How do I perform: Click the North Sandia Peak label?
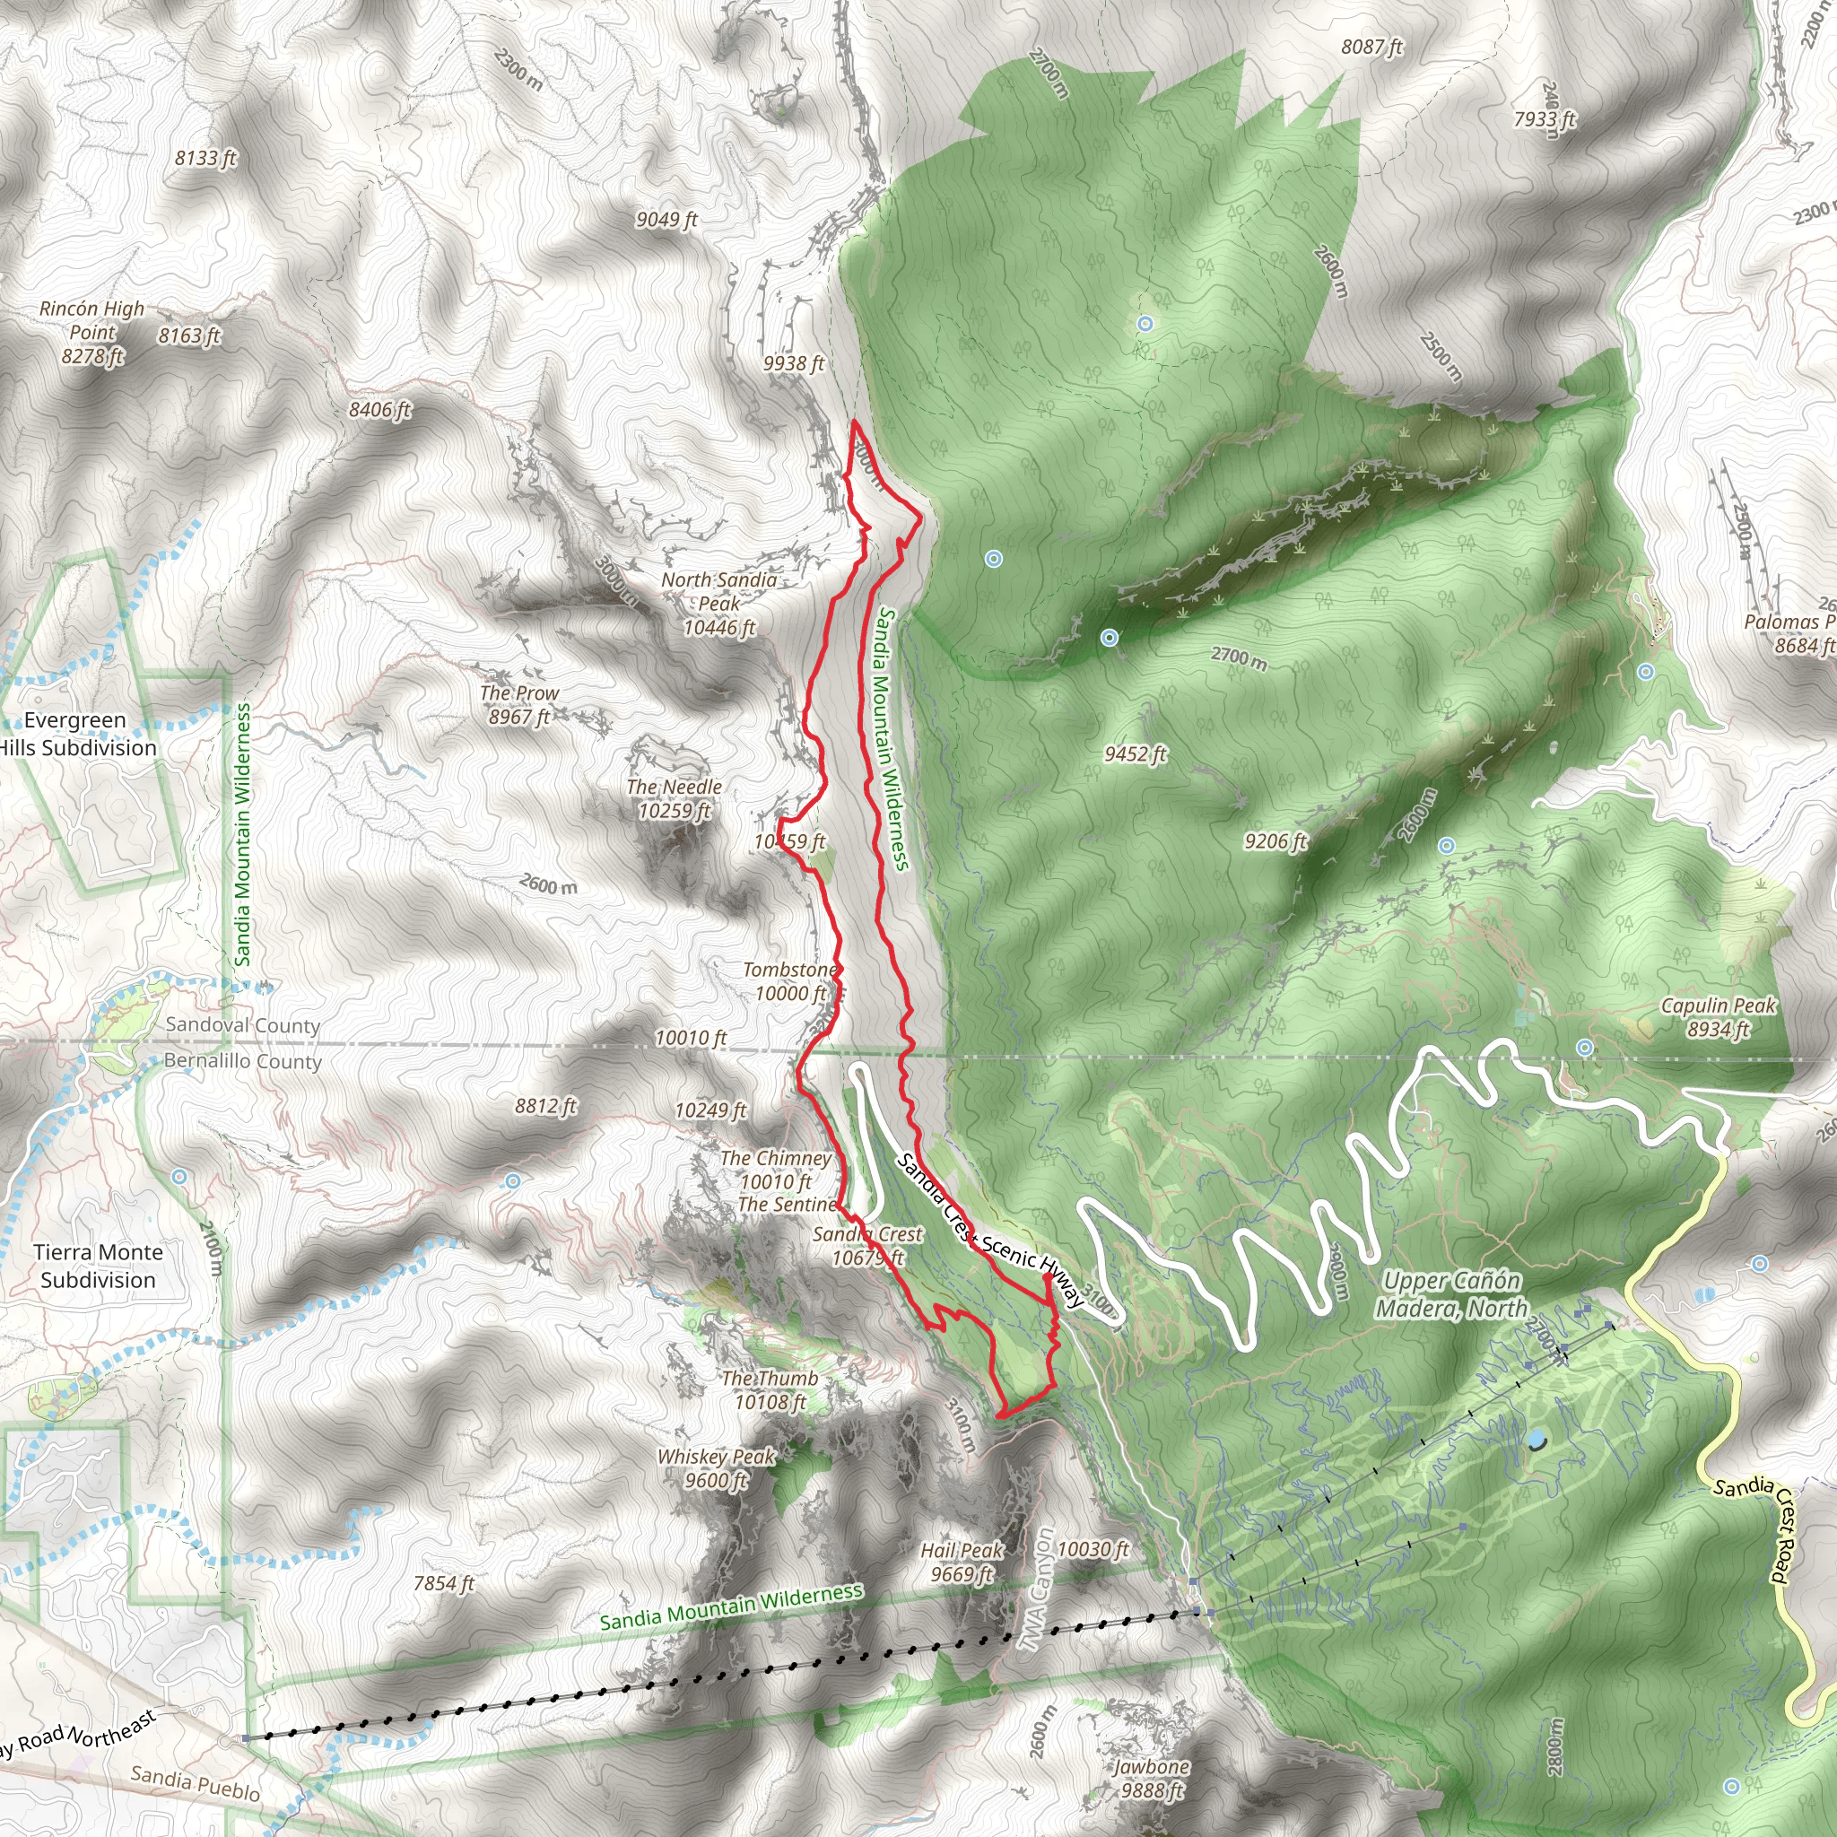[x=718, y=604]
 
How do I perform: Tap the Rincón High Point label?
[x=92, y=332]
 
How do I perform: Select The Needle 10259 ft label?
[x=675, y=798]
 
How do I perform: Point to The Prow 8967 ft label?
[x=518, y=704]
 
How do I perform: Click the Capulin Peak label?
[x=1718, y=1017]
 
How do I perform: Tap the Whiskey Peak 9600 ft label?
[x=716, y=1468]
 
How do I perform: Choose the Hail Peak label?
[x=962, y=1563]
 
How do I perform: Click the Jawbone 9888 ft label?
[x=1151, y=1778]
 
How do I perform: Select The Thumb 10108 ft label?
[x=770, y=1389]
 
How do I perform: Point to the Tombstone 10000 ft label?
[x=790, y=981]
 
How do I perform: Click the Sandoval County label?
[x=242, y=1025]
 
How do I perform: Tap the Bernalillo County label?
[x=242, y=1060]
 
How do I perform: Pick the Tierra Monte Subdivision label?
[x=98, y=1266]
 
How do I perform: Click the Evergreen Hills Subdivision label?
[x=76, y=734]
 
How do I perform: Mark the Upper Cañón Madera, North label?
[x=1451, y=1294]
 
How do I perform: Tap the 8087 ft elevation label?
[x=1371, y=47]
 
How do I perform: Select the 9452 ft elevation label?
[x=1135, y=754]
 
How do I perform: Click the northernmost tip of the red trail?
[x=855, y=422]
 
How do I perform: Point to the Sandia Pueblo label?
[x=195, y=1783]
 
